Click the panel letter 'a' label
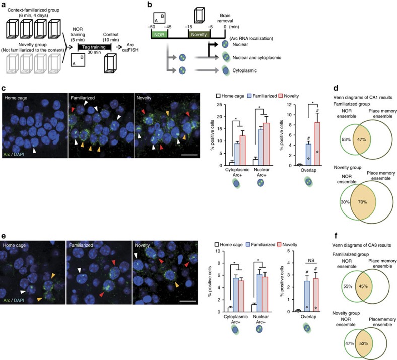4,5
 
